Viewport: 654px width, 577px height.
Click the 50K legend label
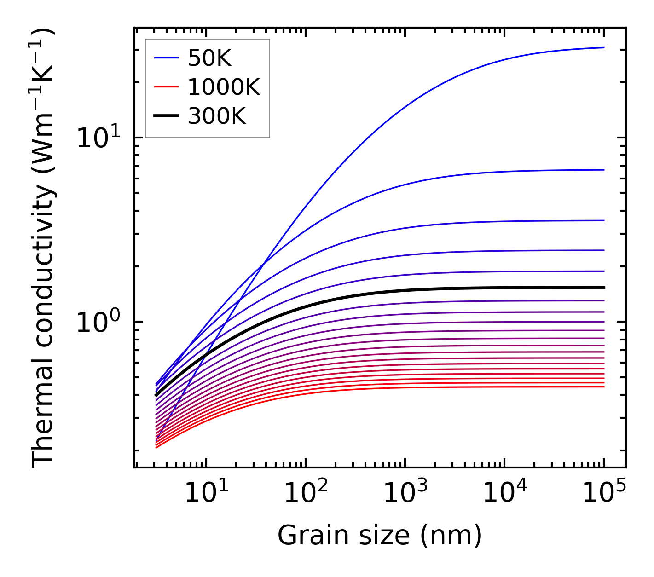pos(209,58)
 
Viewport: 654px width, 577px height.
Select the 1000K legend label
pos(224,87)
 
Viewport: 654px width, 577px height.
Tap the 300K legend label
pos(217,116)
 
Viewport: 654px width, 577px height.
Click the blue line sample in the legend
pos(166,58)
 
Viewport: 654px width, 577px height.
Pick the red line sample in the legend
pos(166,87)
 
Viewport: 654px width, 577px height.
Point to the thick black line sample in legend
pos(166,116)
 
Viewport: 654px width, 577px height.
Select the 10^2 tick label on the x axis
pos(305,493)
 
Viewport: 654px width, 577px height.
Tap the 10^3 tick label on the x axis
pos(405,493)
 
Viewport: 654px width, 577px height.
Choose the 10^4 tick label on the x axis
pos(504,493)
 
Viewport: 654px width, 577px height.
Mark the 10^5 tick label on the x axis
pos(603,493)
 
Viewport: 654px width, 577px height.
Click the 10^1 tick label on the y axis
pos(98,137)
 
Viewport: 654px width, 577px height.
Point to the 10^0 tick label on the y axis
pos(98,322)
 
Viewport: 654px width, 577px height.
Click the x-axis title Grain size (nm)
pos(380,536)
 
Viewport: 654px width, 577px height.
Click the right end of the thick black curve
pos(603,287)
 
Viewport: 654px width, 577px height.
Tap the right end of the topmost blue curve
pos(603,47)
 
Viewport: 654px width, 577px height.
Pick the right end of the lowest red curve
pos(603,387)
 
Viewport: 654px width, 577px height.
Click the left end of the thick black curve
pos(156,395)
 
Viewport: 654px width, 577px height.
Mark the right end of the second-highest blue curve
pos(603,170)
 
